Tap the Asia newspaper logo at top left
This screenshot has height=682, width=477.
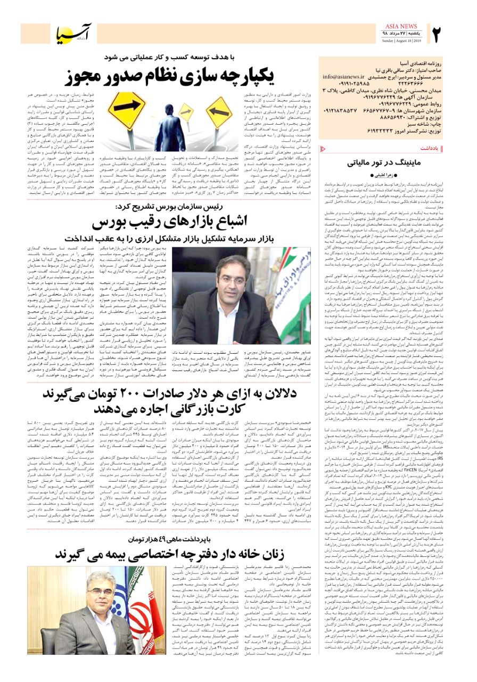75,34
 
